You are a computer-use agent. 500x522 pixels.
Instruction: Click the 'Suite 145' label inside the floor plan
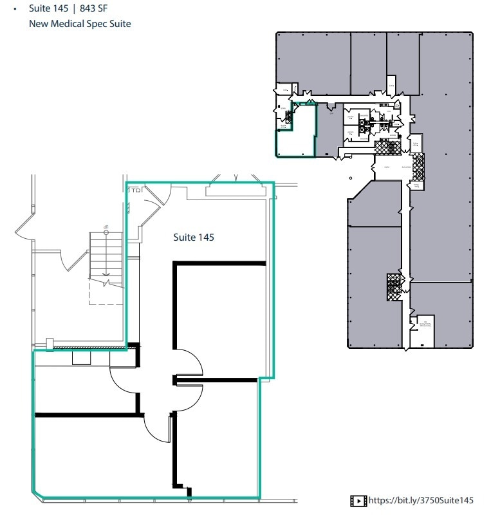point(194,238)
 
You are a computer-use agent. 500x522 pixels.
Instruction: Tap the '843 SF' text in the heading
point(93,9)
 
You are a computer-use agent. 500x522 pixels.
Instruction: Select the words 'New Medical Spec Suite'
point(80,24)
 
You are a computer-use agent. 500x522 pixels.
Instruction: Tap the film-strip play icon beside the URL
point(358,500)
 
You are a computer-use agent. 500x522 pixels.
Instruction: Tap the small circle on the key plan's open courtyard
point(350,178)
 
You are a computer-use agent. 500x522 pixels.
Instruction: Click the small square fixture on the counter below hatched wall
point(81,358)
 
